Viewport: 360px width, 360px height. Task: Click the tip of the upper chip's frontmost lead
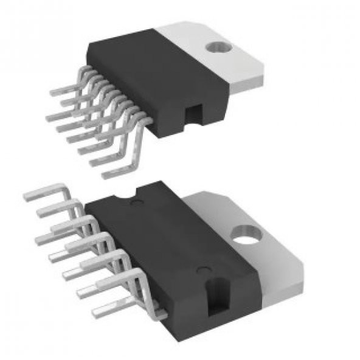[x=105, y=176]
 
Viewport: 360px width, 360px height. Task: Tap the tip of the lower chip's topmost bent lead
[x=27, y=196]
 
